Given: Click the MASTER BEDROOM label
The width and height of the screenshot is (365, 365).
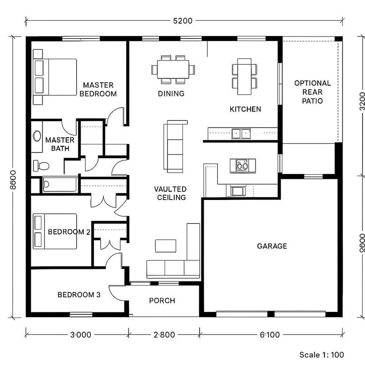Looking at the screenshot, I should click(98, 89).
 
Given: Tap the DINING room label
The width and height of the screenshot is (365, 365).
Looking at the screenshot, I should click(171, 94).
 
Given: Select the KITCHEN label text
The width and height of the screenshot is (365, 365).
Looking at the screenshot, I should click(245, 109).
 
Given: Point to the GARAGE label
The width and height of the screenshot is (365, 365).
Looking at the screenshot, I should click(272, 246).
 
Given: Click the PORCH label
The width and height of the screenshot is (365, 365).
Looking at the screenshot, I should click(162, 301).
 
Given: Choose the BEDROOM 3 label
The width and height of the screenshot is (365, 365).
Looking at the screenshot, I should click(79, 295).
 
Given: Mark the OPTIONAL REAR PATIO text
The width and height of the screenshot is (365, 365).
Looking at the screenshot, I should click(312, 92).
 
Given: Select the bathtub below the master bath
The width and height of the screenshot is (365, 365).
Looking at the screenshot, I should click(60, 185).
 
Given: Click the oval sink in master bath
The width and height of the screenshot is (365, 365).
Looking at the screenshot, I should click(37, 136).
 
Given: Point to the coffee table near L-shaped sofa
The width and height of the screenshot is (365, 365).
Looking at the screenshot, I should click(165, 245).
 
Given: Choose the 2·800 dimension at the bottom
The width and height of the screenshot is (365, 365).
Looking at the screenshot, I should click(164, 335).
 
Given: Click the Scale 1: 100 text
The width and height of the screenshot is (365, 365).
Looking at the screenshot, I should click(322, 355).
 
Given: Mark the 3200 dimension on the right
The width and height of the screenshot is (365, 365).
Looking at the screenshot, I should click(358, 106).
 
